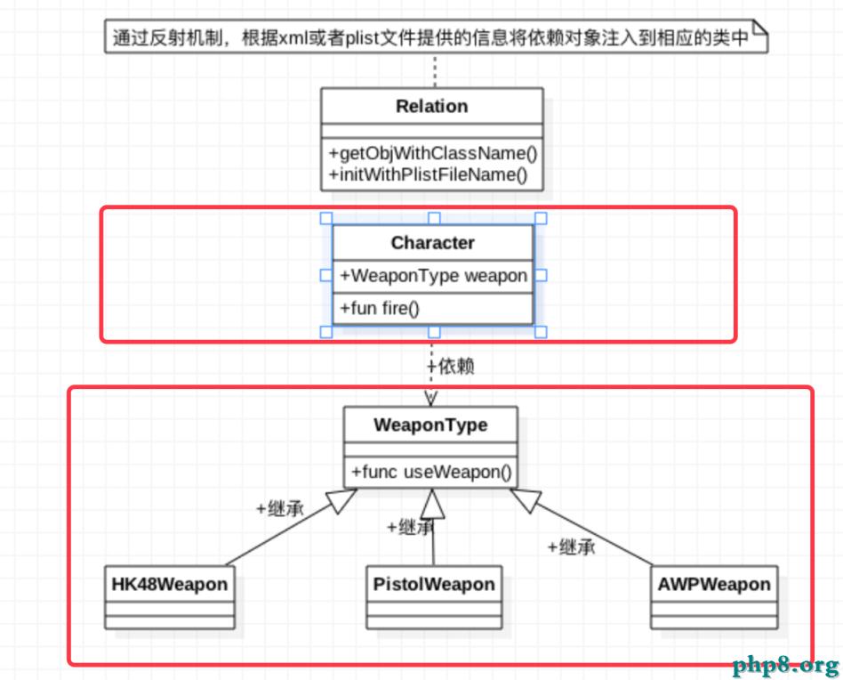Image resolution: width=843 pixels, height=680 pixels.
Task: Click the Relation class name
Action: pos(431,106)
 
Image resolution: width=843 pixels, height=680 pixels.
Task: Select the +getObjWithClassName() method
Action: pos(432,152)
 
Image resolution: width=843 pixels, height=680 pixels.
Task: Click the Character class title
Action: pos(432,243)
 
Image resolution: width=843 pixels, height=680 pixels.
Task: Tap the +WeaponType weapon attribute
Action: pos(433,276)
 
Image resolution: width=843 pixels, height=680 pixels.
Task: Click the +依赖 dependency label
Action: pos(450,367)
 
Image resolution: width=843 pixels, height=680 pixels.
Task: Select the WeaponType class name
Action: pos(430,425)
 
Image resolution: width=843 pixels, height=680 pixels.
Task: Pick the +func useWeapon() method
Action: pos(431,472)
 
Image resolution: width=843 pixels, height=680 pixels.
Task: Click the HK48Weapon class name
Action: pos(169,585)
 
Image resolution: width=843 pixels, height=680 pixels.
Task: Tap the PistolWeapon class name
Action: pos(433,585)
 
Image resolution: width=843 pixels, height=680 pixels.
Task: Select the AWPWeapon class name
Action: pos(713,585)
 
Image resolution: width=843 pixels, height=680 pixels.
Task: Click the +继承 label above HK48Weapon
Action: pos(279,509)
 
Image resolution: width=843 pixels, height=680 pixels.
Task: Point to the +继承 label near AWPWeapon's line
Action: pos(571,547)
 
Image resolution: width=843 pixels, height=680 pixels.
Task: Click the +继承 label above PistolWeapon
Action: pos(410,527)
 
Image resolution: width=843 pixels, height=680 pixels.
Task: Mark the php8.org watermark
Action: pos(785,665)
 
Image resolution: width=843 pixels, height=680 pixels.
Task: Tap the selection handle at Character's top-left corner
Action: pos(326,218)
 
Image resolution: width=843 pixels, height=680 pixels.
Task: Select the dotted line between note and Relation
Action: pos(435,70)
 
